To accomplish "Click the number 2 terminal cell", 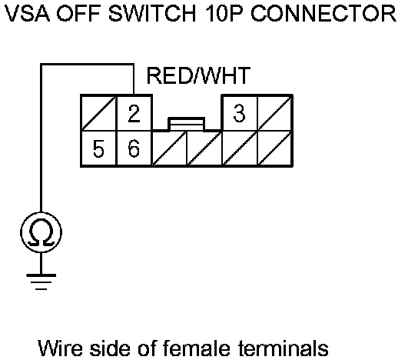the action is pyautogui.click(x=134, y=113).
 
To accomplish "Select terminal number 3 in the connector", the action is pyautogui.click(x=240, y=113).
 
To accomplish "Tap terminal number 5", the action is pyautogui.click(x=98, y=148).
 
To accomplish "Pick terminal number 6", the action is pyautogui.click(x=134, y=148).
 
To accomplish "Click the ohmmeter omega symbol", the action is pyautogui.click(x=41, y=232).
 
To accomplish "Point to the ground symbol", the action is pyautogui.click(x=41, y=282).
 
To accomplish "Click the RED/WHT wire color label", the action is pyautogui.click(x=198, y=76).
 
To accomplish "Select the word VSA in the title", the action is pyautogui.click(x=27, y=13).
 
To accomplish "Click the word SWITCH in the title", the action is pyautogui.click(x=152, y=13).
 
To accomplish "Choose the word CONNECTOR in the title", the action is pyautogui.click(x=323, y=13).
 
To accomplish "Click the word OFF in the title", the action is pyautogui.click(x=78, y=13).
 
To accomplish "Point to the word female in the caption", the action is pyautogui.click(x=197, y=348).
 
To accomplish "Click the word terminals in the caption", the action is pyautogui.click(x=283, y=348).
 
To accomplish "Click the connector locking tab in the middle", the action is pyautogui.click(x=187, y=124).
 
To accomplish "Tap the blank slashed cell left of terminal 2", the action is pyautogui.click(x=98, y=113).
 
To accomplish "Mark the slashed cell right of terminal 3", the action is pyautogui.click(x=275, y=113).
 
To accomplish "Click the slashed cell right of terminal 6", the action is pyautogui.click(x=169, y=148).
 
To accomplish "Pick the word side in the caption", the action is pyautogui.click(x=110, y=348).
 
